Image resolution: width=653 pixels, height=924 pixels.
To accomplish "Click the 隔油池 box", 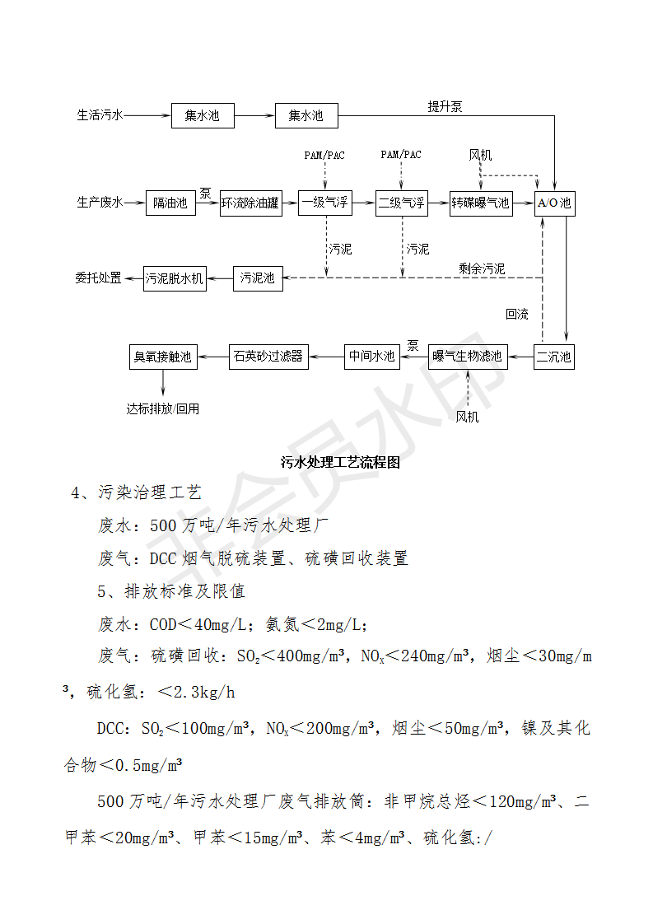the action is pos(170,203).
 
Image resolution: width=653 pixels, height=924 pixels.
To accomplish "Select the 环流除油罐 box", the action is pos(250,203).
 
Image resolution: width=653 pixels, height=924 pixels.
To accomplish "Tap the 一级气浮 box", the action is pos(324,203).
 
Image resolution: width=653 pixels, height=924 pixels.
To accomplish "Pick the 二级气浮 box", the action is pos(401,203).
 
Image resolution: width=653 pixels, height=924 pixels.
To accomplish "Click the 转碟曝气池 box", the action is pos(481,203).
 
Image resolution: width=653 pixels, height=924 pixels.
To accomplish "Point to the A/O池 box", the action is pos(554,203).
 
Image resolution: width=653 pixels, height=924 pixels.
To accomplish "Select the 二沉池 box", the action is pos(554,357).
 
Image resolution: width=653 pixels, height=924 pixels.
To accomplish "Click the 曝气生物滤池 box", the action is pos(468,357).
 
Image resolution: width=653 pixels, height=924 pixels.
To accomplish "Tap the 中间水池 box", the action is pos(372,357).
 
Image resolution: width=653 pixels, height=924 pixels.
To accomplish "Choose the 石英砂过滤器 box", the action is pos(268,357).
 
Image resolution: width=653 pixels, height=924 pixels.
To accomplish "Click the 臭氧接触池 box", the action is pos(163,357).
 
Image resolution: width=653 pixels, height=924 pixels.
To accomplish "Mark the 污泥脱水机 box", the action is pos(175,278).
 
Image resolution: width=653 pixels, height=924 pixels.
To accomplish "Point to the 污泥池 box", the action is pos(258,278).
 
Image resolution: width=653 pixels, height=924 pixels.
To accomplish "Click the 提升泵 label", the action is pos(445,107).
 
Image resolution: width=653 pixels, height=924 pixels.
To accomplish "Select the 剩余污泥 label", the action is pos(482,268).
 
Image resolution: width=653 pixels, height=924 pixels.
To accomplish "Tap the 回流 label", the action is pos(517,314).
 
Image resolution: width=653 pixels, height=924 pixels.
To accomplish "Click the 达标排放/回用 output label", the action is pos(163,408).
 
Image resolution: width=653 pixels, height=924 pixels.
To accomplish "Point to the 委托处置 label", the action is pos(99,278).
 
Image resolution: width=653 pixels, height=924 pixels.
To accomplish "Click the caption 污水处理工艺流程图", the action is pos(340,462).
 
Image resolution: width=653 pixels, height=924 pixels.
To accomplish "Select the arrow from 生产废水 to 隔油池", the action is pos(134,203).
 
